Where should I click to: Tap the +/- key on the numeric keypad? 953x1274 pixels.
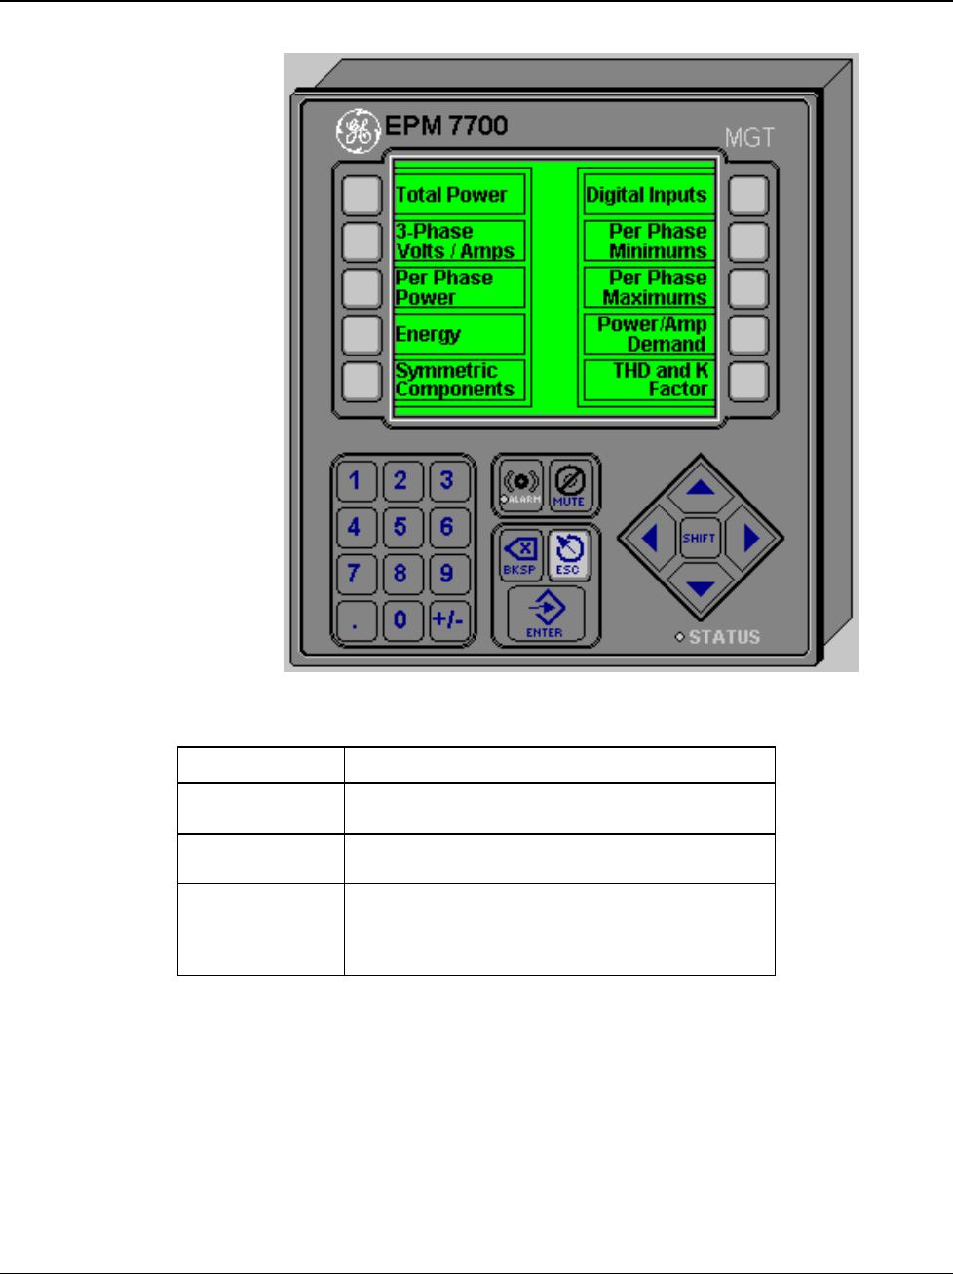pyautogui.click(x=447, y=619)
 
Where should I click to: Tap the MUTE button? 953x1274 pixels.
pyautogui.click(x=568, y=485)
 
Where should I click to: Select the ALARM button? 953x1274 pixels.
pyautogui.click(x=520, y=485)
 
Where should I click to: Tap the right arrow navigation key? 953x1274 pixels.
pyautogui.click(x=750, y=538)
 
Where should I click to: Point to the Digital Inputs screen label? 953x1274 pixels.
pyautogui.click(x=647, y=195)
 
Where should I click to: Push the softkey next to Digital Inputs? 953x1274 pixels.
pyautogui.click(x=748, y=196)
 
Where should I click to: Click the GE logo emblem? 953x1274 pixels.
pyautogui.click(x=358, y=130)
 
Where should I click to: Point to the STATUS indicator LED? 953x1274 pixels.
pyautogui.click(x=680, y=638)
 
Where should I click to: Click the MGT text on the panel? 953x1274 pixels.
pyautogui.click(x=748, y=137)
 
